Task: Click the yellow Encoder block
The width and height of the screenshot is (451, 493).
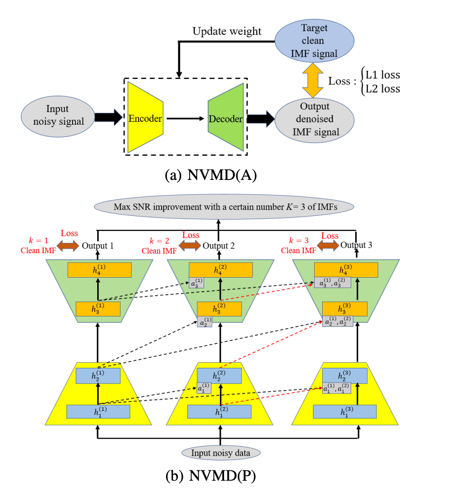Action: [x=145, y=119]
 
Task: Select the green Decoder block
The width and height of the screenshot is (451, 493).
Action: [x=226, y=119]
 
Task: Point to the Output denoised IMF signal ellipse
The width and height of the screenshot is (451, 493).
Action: [x=316, y=119]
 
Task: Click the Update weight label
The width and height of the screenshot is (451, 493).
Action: [x=226, y=32]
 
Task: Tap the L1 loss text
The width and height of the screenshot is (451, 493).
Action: [x=383, y=75]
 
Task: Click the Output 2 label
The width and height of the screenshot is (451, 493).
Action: [x=218, y=246]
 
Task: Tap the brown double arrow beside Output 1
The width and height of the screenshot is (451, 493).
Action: [x=68, y=246]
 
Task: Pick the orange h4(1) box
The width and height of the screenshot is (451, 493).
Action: [x=99, y=270]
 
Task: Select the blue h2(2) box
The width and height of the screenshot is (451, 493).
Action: [x=220, y=375]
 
